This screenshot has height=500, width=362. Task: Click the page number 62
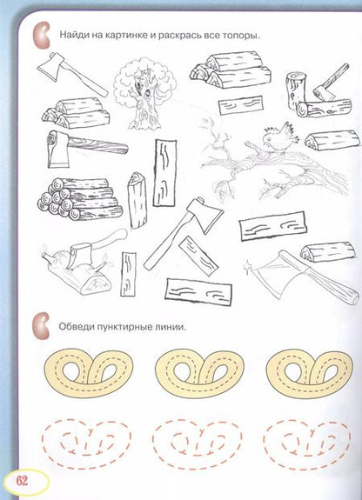(x=23, y=481)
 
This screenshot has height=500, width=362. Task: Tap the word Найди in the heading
(x=73, y=34)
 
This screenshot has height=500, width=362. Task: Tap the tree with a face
(x=145, y=92)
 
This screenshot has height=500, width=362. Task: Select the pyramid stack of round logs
(x=80, y=198)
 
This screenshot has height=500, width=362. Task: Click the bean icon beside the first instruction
(x=42, y=35)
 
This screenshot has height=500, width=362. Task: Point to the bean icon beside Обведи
(x=41, y=326)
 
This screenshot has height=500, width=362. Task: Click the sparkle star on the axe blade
(x=247, y=264)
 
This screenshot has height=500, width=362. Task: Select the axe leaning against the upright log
(x=331, y=82)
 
